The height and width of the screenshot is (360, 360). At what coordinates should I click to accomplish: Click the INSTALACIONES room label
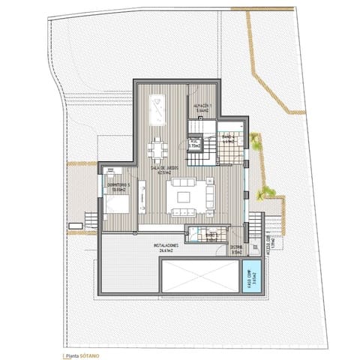click(x=166, y=245)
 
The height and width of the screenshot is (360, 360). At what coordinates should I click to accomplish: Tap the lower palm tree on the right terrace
click(x=264, y=193)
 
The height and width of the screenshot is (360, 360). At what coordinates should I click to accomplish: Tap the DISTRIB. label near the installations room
click(x=235, y=250)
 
